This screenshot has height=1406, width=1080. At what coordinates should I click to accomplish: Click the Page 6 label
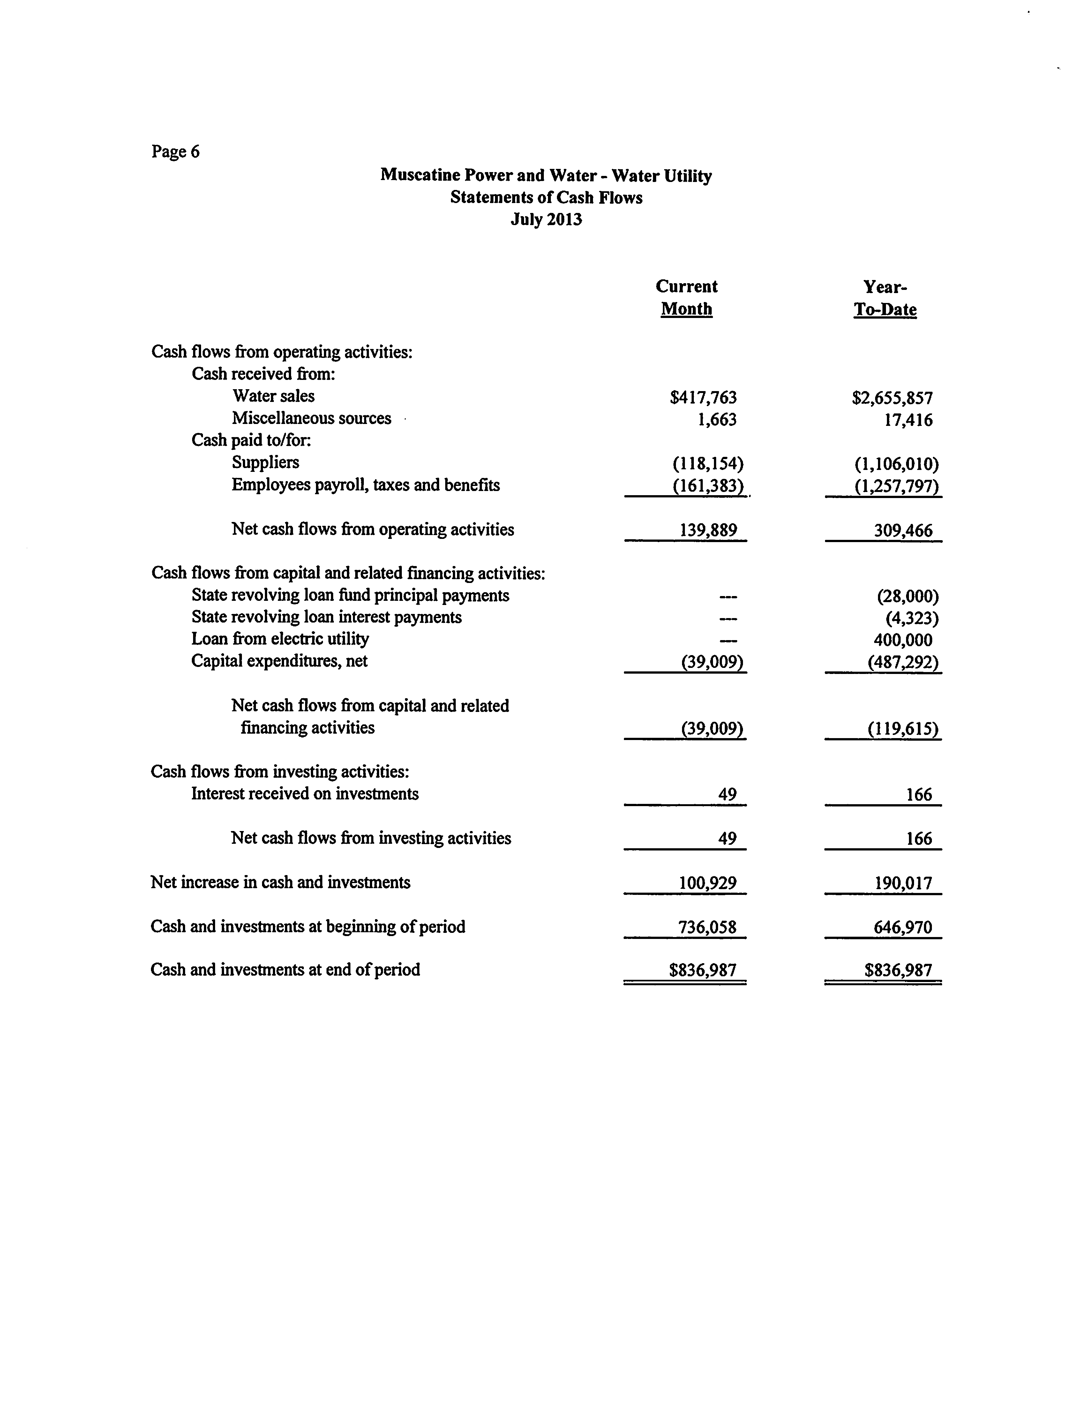point(176,152)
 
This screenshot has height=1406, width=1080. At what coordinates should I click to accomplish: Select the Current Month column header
point(686,298)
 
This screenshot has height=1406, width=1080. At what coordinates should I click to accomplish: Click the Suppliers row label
point(266,462)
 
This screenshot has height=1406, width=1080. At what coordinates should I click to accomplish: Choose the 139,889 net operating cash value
point(708,530)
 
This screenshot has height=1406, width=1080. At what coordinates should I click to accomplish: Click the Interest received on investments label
point(305,794)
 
